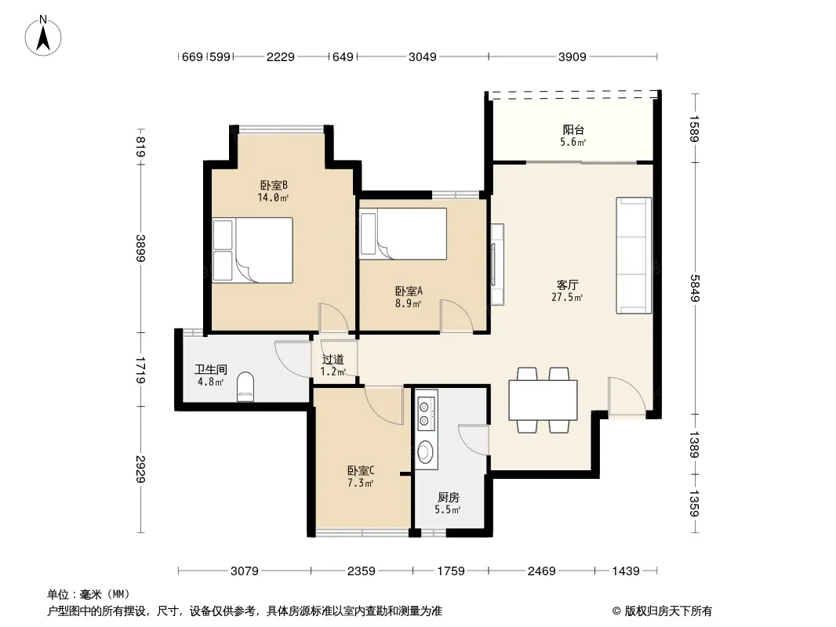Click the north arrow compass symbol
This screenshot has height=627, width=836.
point(43,36)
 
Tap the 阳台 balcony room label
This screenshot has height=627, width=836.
point(573,129)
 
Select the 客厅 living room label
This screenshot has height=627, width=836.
point(567,285)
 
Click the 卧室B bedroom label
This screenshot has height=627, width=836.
point(274,186)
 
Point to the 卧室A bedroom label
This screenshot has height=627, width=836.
point(409,291)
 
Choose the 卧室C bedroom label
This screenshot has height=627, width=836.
point(361,470)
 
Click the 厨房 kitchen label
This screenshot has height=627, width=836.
point(449,497)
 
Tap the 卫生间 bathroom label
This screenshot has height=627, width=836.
point(211,369)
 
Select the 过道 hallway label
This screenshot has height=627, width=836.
point(333,360)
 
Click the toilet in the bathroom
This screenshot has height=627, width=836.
point(245,386)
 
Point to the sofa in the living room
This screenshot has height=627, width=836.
point(634,256)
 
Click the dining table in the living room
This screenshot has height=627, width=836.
point(543,400)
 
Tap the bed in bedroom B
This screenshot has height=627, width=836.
point(253,250)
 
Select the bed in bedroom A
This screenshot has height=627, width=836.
point(404,234)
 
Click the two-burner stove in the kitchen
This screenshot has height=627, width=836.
point(425,414)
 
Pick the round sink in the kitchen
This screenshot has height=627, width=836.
point(425,452)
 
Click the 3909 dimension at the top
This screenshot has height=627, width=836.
point(572,56)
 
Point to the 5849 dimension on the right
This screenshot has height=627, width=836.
point(694,288)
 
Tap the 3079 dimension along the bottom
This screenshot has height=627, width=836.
point(244,571)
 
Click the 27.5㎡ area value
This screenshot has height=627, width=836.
point(567,297)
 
